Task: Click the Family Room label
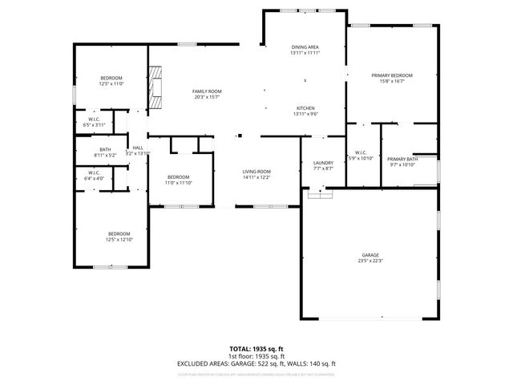point(206,91)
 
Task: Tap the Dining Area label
point(305,47)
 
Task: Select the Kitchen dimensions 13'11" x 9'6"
point(305,114)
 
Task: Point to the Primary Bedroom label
point(392,75)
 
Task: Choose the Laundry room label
point(323,163)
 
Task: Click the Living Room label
point(256,172)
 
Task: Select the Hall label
point(138,148)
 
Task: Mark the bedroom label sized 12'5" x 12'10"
point(118,234)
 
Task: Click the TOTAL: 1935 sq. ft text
point(256,349)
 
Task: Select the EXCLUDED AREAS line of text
point(256,363)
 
